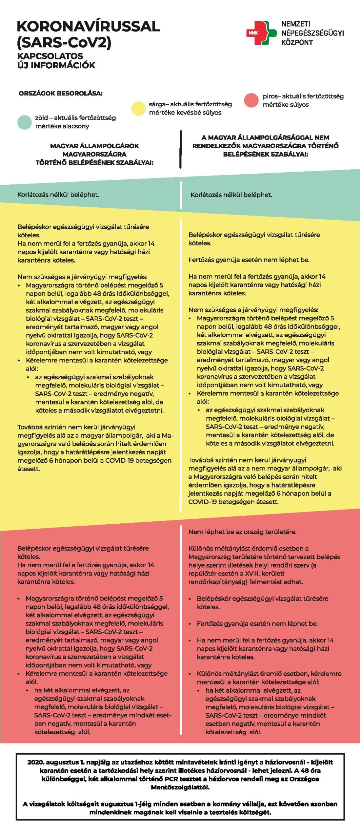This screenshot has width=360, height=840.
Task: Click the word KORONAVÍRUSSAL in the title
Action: pos(88,27)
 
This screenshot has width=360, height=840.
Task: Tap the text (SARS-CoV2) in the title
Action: pos(64,42)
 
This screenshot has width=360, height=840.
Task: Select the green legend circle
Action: pos(24,122)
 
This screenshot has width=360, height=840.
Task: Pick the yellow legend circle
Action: pos(138,109)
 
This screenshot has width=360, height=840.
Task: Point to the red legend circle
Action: pos(251,100)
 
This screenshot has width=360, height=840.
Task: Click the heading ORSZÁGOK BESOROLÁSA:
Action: pos(61,93)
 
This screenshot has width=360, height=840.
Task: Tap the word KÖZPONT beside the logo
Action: pos(297,42)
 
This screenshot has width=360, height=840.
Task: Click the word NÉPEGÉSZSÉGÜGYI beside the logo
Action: pos(312,33)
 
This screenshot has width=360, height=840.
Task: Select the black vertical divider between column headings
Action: pos(180,149)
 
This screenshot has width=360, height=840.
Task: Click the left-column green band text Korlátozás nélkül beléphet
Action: pos(58,195)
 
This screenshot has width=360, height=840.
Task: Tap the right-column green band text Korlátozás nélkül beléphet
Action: pos(231,195)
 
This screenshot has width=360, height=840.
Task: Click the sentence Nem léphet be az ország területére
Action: pos(242,532)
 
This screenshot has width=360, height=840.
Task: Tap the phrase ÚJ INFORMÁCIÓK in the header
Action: pos(56,65)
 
